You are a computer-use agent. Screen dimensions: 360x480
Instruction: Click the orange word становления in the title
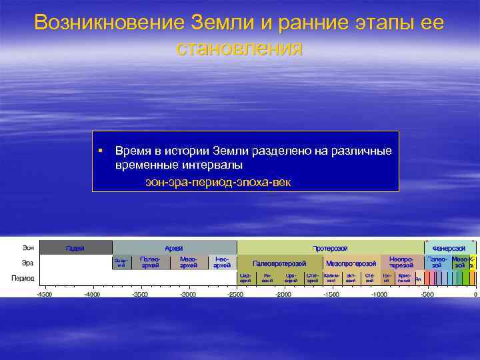pos(239,48)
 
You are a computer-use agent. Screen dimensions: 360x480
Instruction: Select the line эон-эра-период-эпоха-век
pos(218,182)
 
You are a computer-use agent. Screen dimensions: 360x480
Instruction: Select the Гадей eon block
pos(75,248)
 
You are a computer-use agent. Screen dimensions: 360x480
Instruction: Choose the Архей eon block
pos(174,248)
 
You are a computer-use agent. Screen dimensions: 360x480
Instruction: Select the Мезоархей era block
pos(189,262)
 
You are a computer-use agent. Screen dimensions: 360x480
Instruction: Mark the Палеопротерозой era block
pos(279,263)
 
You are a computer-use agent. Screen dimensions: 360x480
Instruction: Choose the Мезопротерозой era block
pos(351,263)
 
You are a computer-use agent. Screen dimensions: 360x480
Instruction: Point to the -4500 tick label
pos(44,294)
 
